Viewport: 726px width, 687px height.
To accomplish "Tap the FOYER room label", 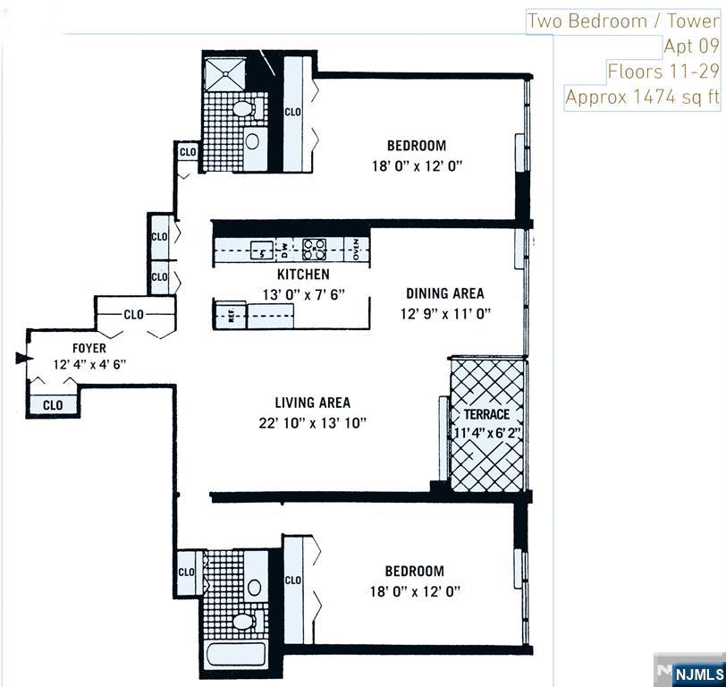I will [x=89, y=348].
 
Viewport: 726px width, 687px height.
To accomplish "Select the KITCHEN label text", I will [x=302, y=275].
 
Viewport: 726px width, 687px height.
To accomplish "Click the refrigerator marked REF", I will [x=230, y=316].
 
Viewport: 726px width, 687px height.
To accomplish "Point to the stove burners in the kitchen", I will [x=314, y=248].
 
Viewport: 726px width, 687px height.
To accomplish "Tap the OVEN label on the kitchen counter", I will [x=355, y=248].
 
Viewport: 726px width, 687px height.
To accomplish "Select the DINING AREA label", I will [x=444, y=293].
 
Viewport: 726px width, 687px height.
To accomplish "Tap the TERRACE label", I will [x=486, y=415].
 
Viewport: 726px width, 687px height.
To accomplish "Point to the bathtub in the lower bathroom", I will [x=236, y=654].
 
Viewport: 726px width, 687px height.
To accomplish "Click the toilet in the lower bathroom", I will [x=241, y=620].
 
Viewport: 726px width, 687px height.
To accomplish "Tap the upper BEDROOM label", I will [x=416, y=146].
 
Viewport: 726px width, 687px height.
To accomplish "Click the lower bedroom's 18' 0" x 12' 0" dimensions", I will [x=416, y=591].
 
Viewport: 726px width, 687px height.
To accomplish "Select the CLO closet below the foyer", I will [x=53, y=405].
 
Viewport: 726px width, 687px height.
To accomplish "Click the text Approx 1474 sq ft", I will [x=642, y=97].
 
